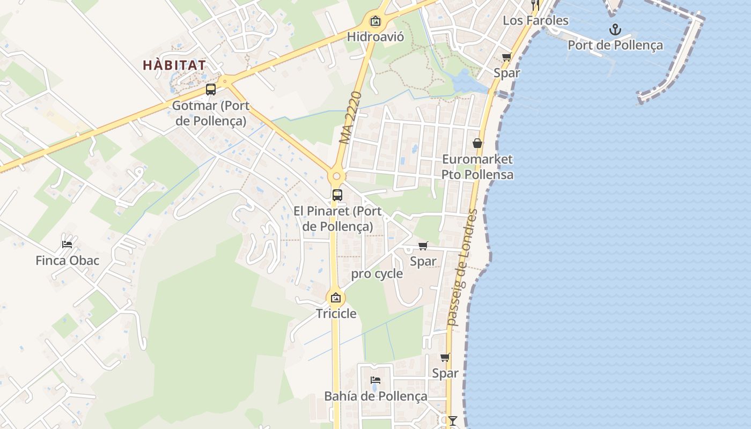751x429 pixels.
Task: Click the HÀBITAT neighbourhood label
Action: point(174,65)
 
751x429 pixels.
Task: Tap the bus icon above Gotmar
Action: point(211,90)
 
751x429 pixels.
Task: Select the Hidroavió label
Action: point(375,36)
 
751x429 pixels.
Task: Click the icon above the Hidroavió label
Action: point(376,21)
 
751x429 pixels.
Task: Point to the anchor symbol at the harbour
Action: point(615,30)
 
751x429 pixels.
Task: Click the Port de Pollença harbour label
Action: point(615,45)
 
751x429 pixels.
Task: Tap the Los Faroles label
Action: point(535,20)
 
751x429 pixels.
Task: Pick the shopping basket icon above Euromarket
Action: point(477,143)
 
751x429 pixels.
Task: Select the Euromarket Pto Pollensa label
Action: point(477,167)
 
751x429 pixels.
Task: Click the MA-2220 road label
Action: point(351,118)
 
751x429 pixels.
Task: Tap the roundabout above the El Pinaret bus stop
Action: point(337,176)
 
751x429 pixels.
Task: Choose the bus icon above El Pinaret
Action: point(337,195)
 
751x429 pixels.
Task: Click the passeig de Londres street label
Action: point(462,268)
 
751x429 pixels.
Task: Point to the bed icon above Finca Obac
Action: point(67,245)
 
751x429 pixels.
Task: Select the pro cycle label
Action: point(377,274)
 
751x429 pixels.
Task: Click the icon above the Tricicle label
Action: point(336,298)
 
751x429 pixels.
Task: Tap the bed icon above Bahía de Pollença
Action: point(376,380)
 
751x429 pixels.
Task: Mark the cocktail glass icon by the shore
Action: point(453,420)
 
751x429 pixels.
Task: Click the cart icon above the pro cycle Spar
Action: point(423,246)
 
